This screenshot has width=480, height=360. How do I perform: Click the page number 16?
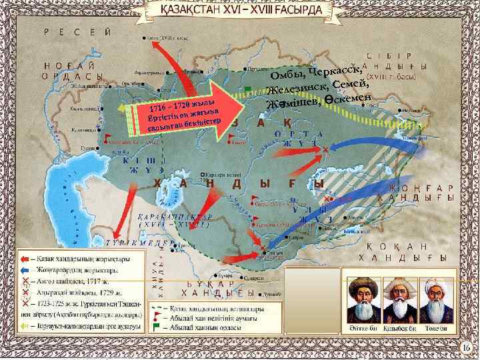[x=466, y=347]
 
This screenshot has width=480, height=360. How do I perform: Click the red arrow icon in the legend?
[x=23, y=259]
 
